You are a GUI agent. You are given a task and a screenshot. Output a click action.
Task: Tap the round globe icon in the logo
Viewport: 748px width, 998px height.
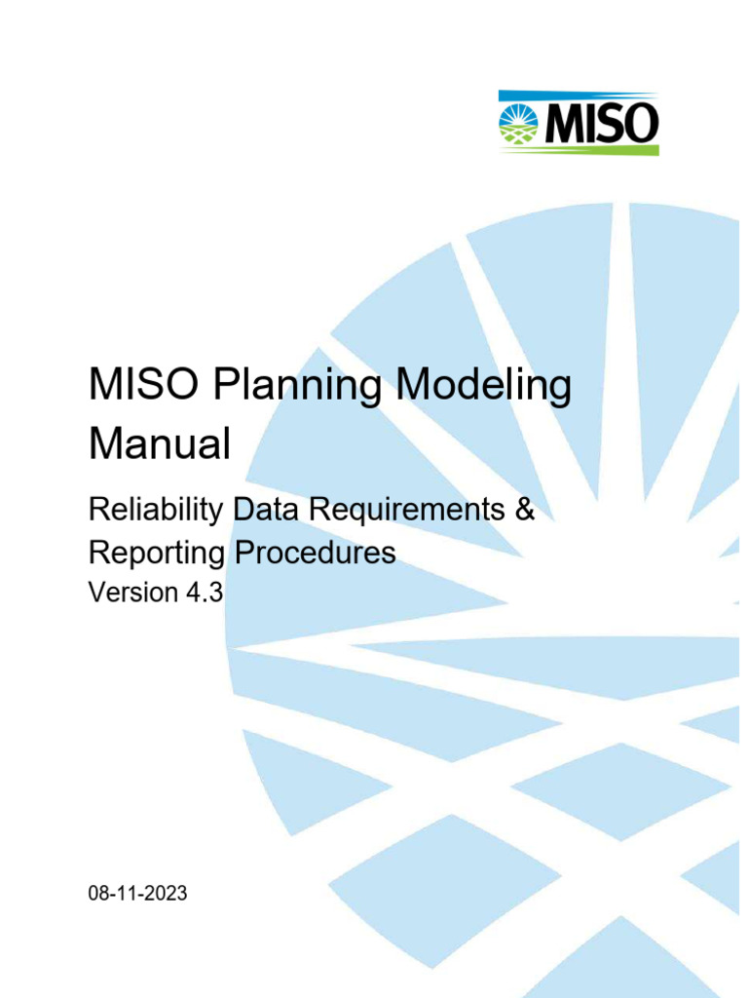[519, 123]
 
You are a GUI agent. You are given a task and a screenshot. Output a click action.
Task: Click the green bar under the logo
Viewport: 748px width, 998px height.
[579, 150]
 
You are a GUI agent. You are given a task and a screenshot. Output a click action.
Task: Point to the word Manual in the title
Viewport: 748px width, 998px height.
[160, 444]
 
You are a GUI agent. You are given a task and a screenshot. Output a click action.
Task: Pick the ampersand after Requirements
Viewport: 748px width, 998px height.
[525, 510]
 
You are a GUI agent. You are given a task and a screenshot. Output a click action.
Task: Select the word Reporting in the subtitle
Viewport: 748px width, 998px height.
[154, 553]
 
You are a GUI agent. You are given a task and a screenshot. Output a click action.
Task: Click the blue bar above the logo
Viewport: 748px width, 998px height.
[579, 95]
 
